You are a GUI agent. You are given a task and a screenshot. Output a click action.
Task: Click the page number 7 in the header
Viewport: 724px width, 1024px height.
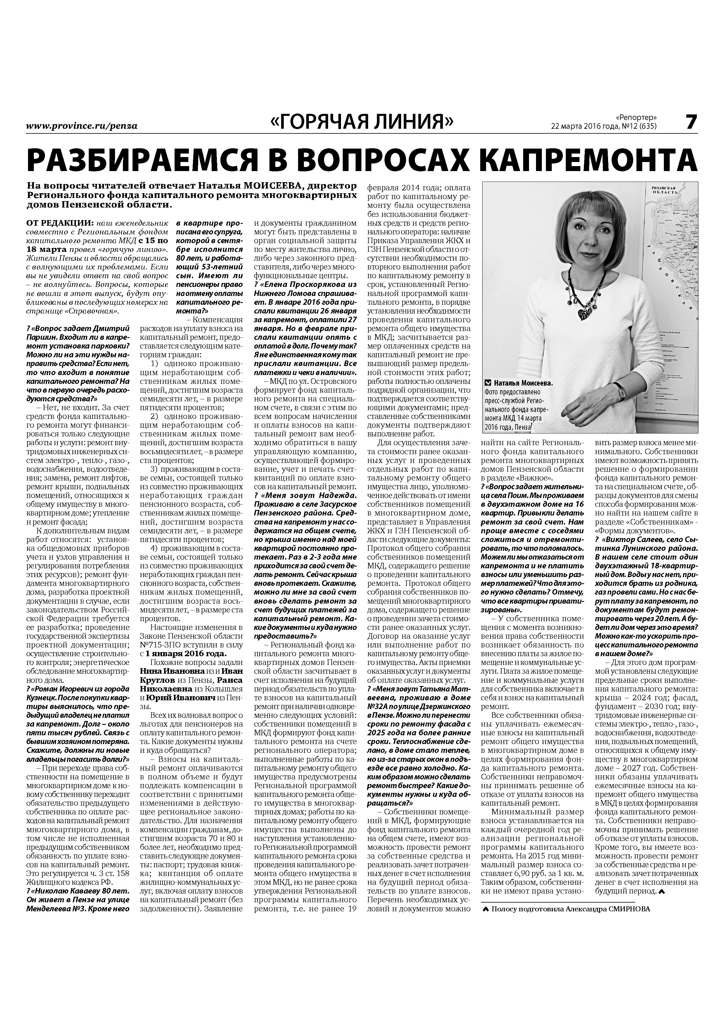[x=690, y=122]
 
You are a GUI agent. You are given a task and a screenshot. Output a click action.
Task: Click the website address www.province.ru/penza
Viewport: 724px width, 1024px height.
[x=82, y=126]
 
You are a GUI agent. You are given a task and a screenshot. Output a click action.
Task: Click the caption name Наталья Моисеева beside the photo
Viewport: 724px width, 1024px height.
[x=523, y=383]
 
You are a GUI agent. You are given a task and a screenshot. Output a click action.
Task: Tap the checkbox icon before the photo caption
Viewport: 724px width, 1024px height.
[x=488, y=383]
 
